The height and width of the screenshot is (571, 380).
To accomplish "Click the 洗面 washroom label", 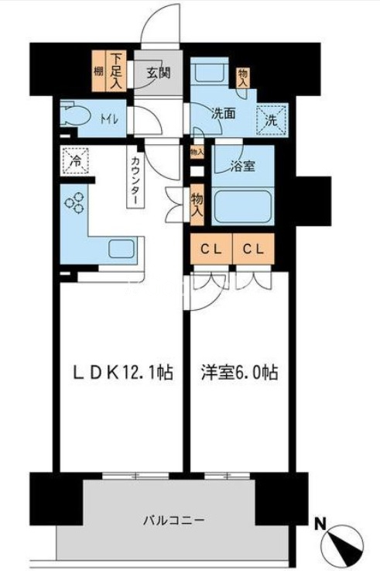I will [x=224, y=113].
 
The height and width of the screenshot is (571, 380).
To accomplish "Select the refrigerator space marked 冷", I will [x=77, y=161].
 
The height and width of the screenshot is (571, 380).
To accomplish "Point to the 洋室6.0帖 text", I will [x=240, y=373].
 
